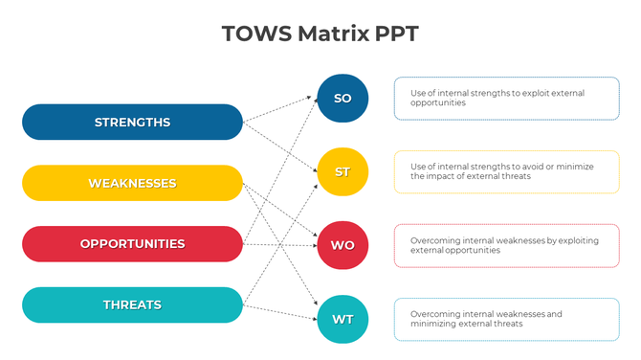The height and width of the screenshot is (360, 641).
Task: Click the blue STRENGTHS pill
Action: pos(132,123)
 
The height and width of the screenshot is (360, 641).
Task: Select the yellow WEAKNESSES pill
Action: pos(132,183)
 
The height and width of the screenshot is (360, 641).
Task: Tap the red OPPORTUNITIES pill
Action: pos(132,244)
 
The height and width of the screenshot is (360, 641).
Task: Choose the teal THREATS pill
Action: pos(132,305)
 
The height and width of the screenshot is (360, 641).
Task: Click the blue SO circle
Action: pos(343,99)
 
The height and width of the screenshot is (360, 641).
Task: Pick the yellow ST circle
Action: pos(343,172)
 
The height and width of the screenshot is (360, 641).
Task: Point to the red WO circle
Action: pos(343,245)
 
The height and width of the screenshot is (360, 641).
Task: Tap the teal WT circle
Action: pos(343,318)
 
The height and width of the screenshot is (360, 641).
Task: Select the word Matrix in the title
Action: pos(331,34)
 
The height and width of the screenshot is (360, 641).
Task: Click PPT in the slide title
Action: pos(396,34)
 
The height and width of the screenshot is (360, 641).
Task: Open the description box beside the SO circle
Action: pos(506,99)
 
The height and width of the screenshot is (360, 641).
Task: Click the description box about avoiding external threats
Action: pos(506,172)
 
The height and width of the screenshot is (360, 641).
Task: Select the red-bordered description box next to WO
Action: pos(506,245)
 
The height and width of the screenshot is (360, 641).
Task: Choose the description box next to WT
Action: pos(506,319)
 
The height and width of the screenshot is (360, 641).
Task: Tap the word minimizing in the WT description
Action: pos(432,325)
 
